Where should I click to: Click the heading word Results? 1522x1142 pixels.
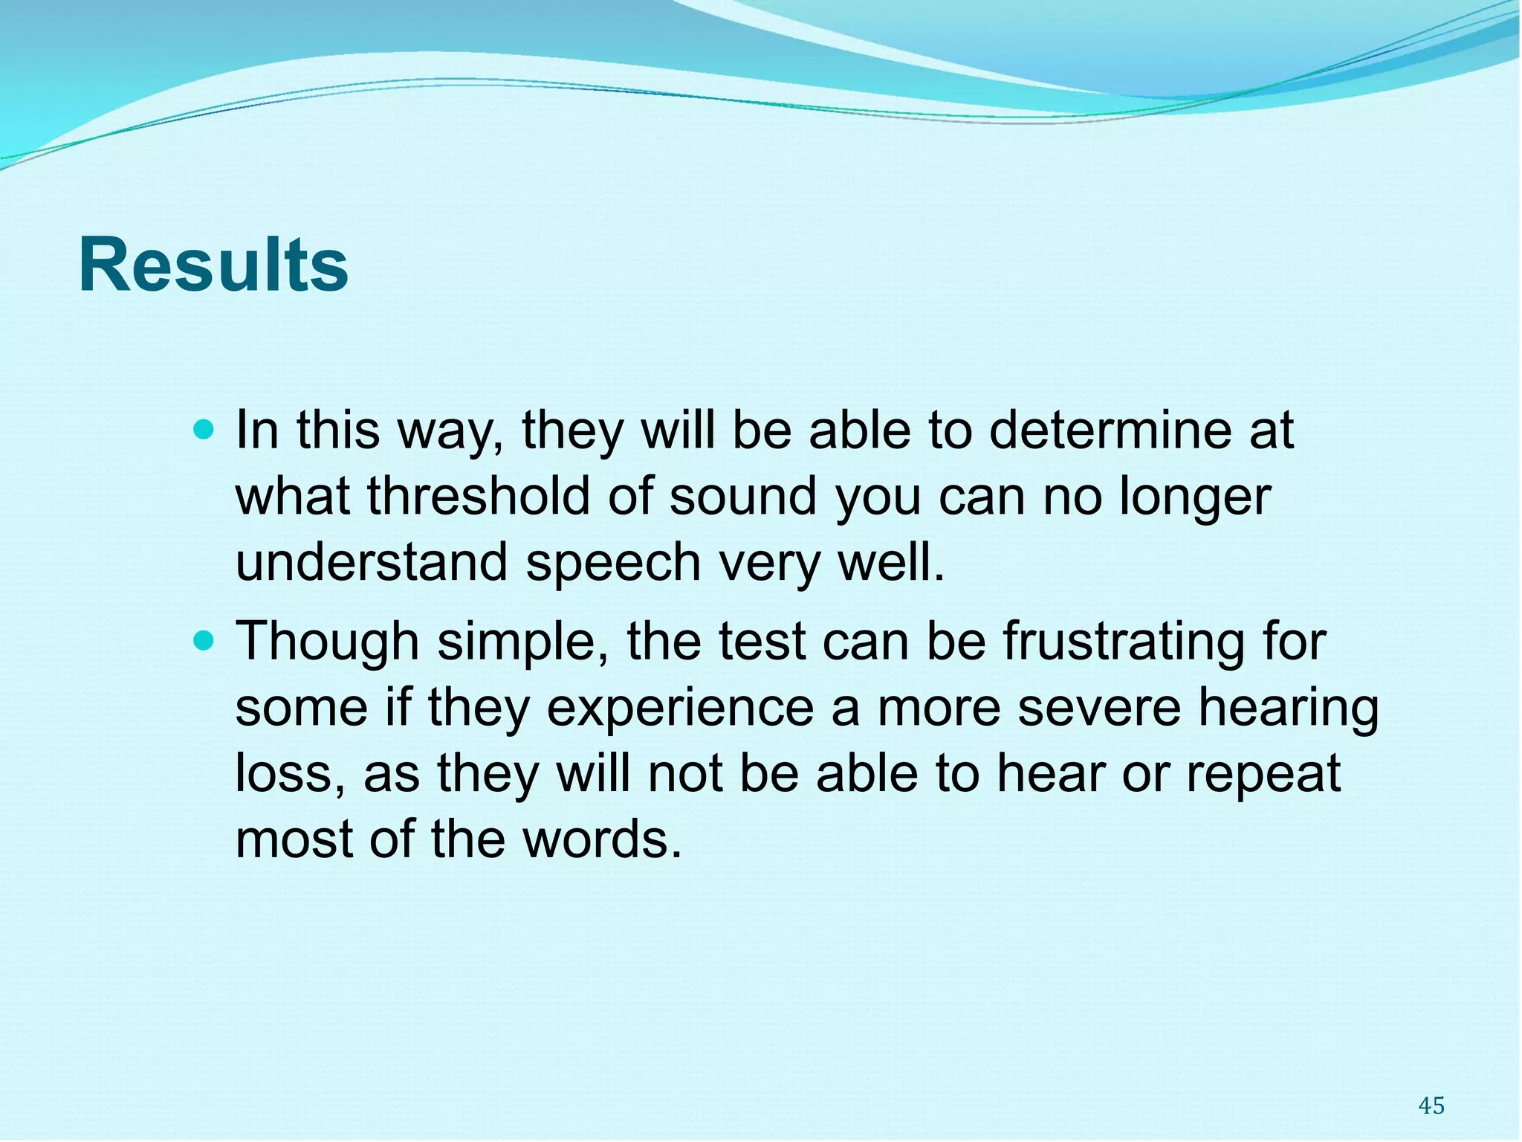tap(213, 265)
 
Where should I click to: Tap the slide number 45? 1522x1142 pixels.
tap(1431, 1106)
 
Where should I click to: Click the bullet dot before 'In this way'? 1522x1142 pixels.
tap(202, 429)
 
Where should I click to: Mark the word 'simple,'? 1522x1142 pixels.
tap(523, 642)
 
